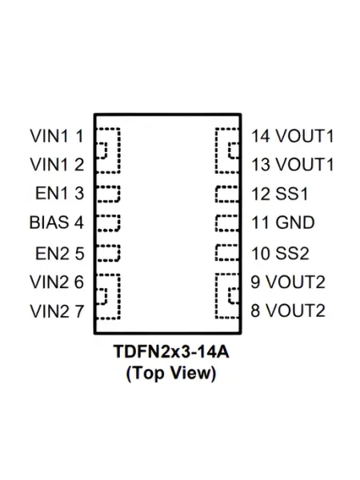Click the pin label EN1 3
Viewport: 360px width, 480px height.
coord(60,193)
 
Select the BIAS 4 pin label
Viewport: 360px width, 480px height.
coord(56,222)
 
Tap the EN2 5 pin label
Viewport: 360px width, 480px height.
coord(60,254)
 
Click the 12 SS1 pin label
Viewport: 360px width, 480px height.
coord(279,194)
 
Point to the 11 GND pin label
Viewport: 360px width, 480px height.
coord(283,222)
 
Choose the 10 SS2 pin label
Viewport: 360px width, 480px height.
coord(280,254)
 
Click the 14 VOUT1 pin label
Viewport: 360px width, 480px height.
coord(292,136)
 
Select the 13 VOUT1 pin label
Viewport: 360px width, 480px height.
coord(292,164)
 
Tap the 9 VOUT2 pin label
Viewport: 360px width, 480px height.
coord(288,282)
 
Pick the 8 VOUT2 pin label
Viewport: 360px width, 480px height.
coord(288,310)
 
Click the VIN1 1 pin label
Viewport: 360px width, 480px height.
coord(57,136)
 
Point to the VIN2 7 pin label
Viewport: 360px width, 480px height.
coord(57,311)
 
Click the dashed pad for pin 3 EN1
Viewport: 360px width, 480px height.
coord(119,194)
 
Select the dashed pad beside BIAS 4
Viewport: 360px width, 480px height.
coord(119,222)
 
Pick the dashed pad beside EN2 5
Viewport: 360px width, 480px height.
coord(119,253)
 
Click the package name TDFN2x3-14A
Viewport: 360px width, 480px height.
coord(171,352)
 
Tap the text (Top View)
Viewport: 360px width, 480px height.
coord(171,373)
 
